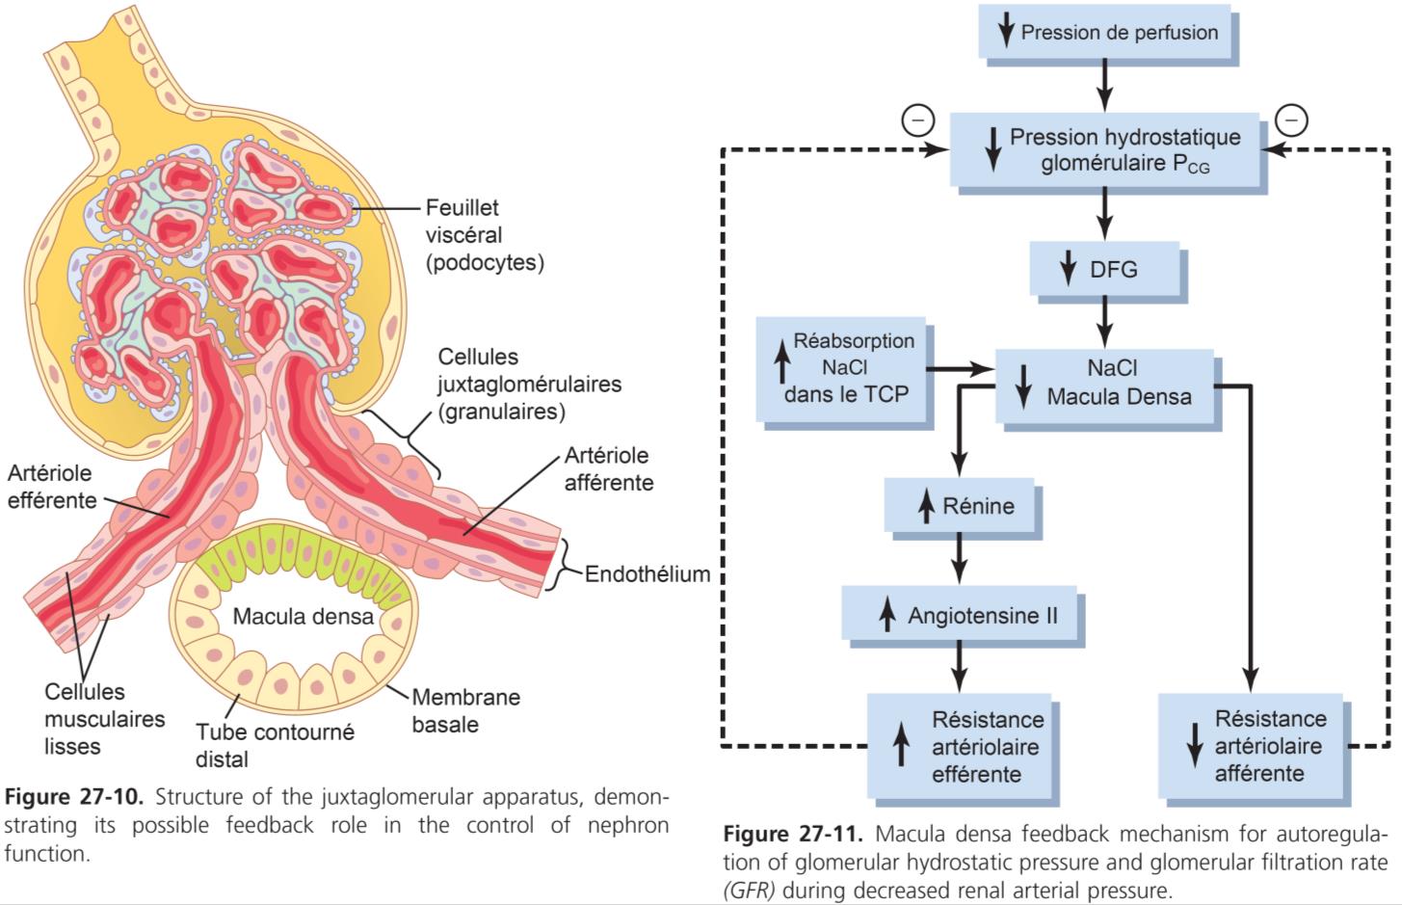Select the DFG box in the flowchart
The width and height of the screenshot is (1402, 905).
(x=1106, y=269)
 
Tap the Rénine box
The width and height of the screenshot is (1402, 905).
(x=960, y=505)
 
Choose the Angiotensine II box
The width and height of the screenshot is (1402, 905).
(x=964, y=614)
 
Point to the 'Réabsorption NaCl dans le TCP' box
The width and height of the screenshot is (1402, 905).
(x=841, y=368)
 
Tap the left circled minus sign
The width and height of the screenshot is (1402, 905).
(x=917, y=120)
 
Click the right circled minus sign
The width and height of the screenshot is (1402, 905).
(x=1292, y=120)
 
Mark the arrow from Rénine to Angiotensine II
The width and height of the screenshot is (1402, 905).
(x=959, y=559)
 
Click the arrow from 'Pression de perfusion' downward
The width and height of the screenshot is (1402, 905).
(x=1105, y=85)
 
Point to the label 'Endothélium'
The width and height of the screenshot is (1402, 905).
(x=648, y=574)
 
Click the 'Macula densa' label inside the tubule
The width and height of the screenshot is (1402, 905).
(x=303, y=616)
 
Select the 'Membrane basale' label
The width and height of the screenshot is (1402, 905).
(x=465, y=710)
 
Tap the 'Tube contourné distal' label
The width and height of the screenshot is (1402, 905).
(x=261, y=745)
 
